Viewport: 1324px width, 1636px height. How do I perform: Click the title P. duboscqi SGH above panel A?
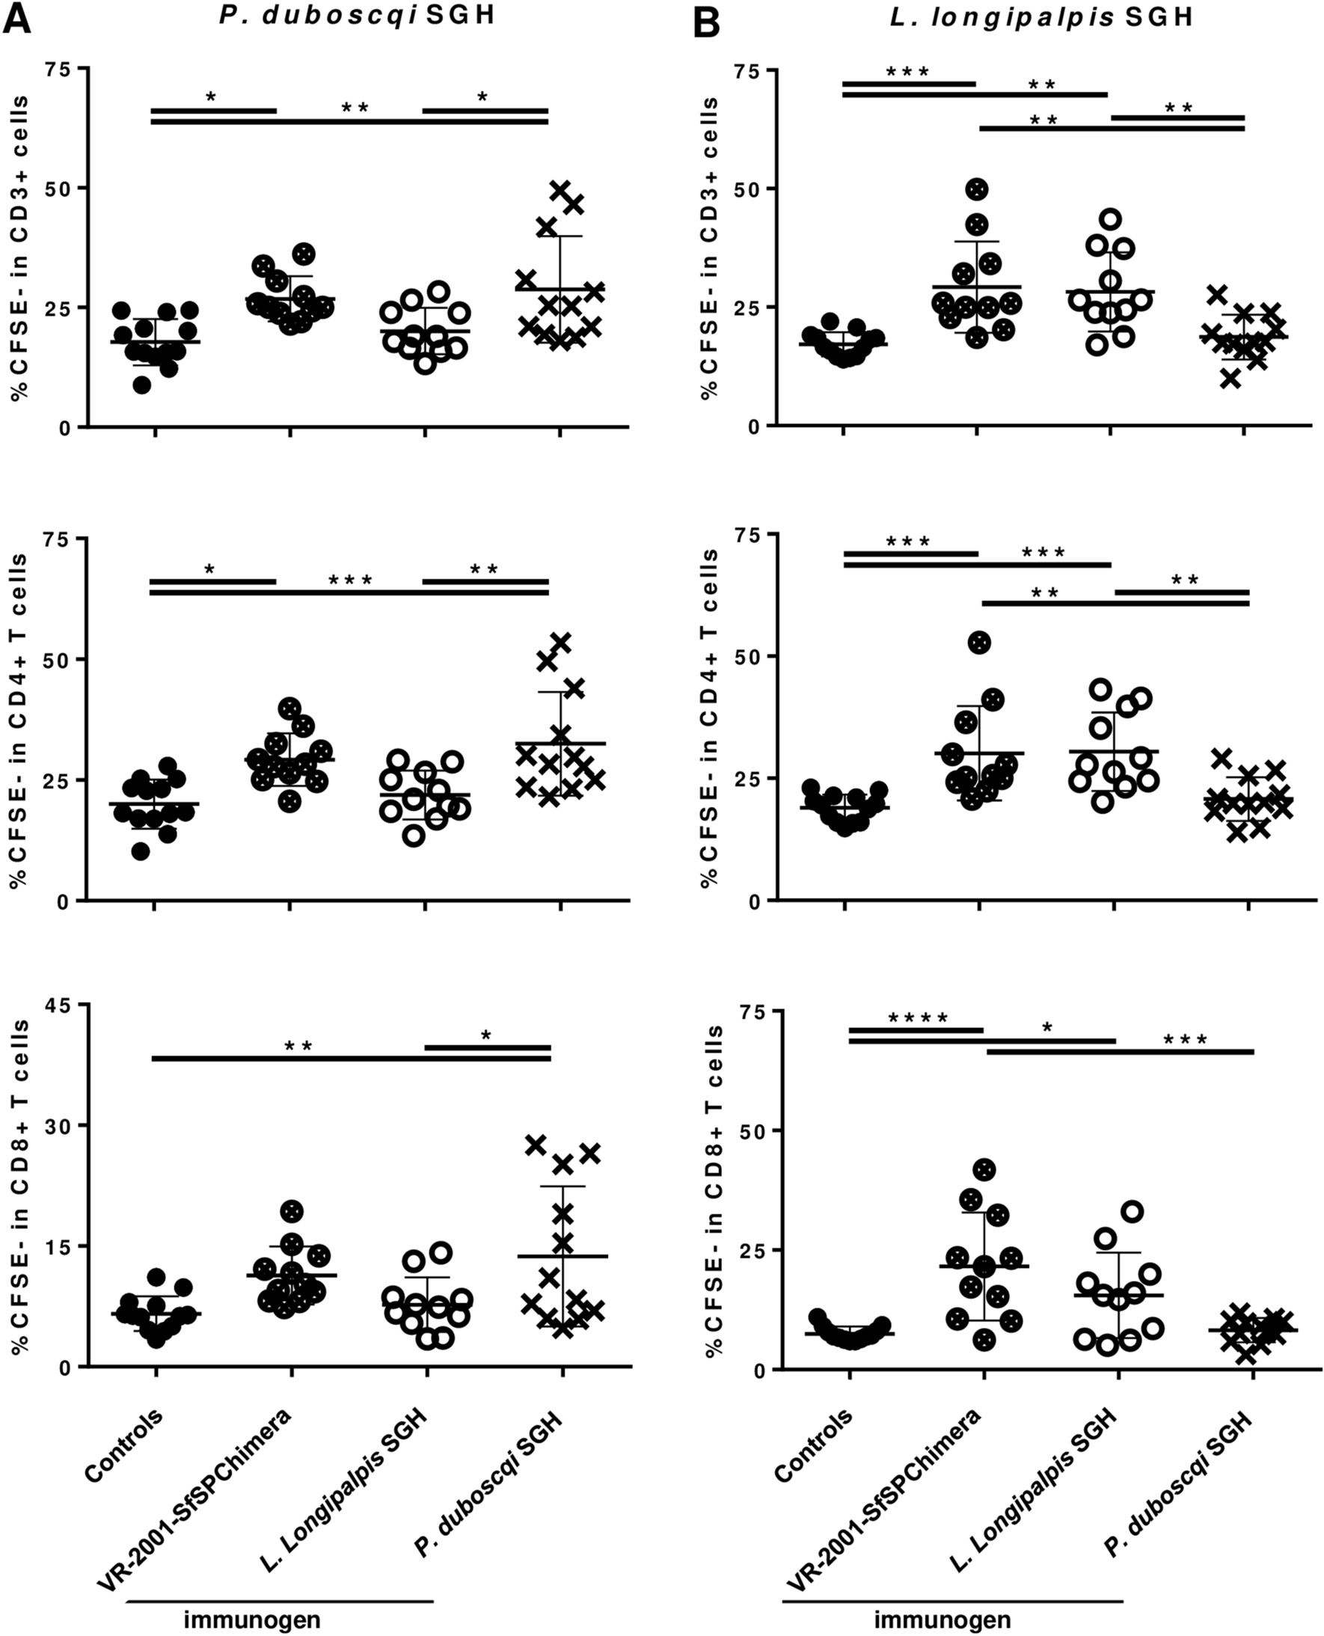(357, 16)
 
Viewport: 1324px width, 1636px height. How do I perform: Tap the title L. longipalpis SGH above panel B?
(1041, 17)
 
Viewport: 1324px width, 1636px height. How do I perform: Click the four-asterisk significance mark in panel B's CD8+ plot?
(919, 1019)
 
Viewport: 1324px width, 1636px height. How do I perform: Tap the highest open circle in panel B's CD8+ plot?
(1133, 1211)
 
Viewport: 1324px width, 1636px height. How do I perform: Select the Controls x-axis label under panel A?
(124, 1444)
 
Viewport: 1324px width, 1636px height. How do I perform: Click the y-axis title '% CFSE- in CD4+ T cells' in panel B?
(709, 717)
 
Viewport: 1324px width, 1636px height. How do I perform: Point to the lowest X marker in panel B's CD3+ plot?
(1230, 379)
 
